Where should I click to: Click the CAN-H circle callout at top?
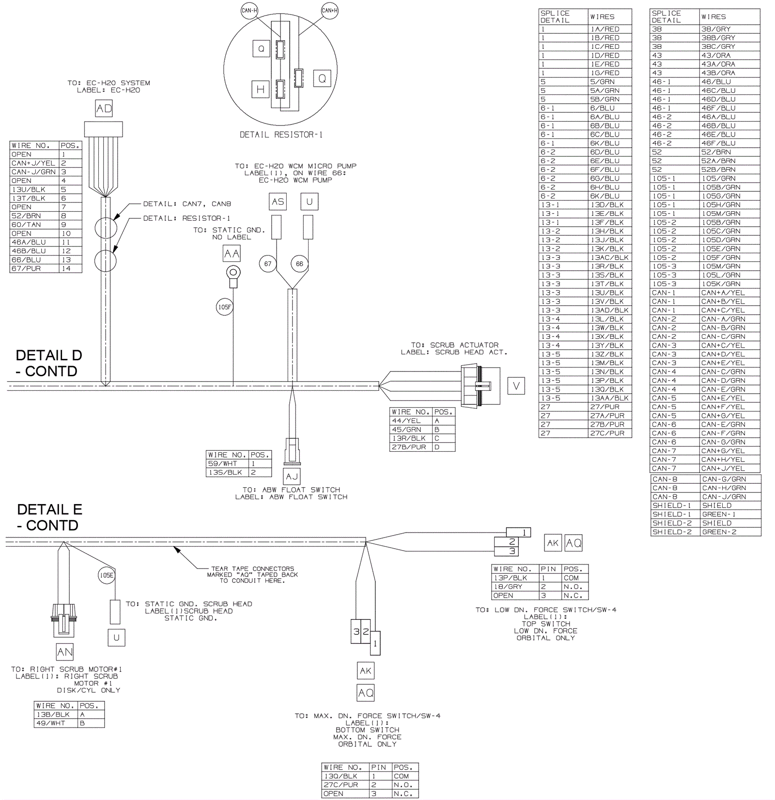click(249, 11)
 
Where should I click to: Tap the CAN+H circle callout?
click(330, 11)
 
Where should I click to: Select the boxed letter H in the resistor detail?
click(261, 89)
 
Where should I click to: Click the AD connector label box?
click(104, 108)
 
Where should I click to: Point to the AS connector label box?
click(278, 201)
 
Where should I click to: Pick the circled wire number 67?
click(268, 264)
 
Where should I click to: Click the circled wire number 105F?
click(224, 307)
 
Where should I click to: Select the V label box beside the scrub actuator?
click(516, 386)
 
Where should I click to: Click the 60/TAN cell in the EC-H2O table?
click(34, 225)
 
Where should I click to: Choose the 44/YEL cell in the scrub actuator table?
click(411, 421)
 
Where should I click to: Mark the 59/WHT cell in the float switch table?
click(227, 463)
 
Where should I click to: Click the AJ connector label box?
click(292, 477)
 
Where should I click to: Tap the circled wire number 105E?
click(106, 575)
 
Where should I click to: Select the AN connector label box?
click(65, 652)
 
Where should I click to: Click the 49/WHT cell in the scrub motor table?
click(56, 723)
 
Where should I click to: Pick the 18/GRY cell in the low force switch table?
click(515, 587)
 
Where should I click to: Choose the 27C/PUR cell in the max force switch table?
click(345, 785)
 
